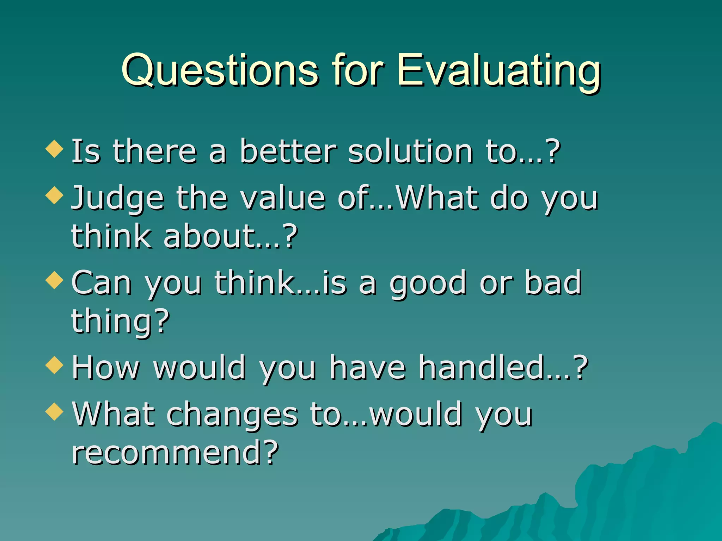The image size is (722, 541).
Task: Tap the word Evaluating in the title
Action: point(498,70)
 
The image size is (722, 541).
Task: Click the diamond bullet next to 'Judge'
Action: point(55,195)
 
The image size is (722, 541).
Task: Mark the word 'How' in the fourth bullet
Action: point(106,368)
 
